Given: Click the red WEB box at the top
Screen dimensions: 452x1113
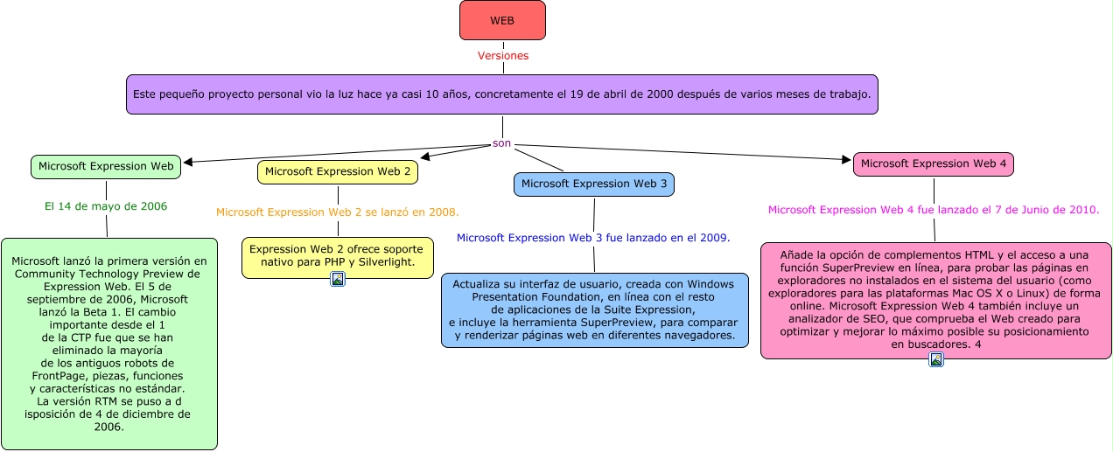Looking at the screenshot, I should (502, 20).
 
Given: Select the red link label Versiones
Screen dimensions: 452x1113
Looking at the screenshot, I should (502, 55).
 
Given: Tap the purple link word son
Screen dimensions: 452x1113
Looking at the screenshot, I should (501, 143).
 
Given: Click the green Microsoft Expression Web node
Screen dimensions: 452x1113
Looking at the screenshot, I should (106, 166).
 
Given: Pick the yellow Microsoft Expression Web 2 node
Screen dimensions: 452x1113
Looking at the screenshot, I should (338, 172).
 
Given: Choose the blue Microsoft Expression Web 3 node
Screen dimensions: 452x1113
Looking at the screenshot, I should (594, 184).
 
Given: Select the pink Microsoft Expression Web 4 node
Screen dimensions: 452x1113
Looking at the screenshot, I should (934, 163).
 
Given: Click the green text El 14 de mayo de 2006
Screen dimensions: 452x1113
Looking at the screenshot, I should (106, 207).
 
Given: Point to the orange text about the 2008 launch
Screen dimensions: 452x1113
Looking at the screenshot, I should (338, 212).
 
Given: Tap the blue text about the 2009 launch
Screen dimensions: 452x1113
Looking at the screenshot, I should (593, 237).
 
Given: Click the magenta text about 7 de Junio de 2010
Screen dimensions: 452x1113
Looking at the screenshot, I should (934, 210).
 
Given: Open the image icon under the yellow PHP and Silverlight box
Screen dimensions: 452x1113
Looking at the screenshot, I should (338, 279).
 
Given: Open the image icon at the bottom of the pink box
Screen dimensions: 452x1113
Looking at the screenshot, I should (936, 359).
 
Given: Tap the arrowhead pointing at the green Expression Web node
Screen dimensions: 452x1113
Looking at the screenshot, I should (187, 162).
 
